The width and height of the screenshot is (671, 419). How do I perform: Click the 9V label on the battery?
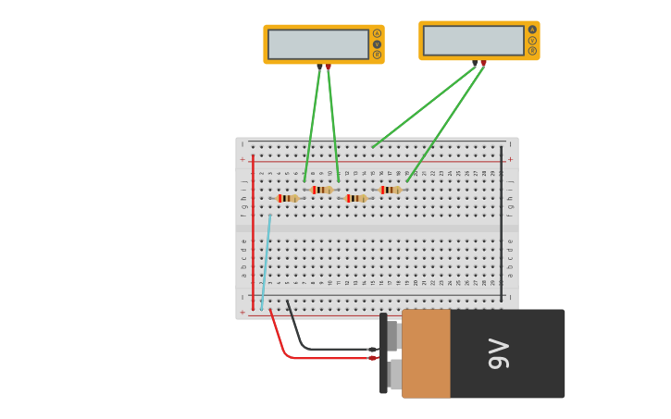[x=499, y=353]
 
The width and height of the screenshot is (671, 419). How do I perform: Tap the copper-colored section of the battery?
[x=426, y=353]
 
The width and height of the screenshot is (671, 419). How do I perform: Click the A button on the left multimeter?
[x=377, y=33]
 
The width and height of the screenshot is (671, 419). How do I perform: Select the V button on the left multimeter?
[x=377, y=44]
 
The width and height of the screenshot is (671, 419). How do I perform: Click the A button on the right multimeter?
[x=532, y=30]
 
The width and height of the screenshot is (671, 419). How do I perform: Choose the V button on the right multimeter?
[x=532, y=41]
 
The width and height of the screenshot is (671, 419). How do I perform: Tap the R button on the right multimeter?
[x=532, y=51]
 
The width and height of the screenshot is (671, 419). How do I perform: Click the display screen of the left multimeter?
[x=318, y=43]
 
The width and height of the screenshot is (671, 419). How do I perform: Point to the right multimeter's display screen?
[x=473, y=40]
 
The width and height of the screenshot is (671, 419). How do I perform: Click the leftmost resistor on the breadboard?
[x=287, y=198]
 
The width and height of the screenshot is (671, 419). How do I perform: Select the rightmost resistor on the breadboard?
[x=391, y=190]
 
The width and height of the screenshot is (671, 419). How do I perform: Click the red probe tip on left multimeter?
[x=328, y=67]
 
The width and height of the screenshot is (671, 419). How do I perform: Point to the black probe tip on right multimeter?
[x=475, y=63]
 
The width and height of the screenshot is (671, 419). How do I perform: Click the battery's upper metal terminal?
[x=393, y=336]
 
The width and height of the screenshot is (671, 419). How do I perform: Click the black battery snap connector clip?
[x=383, y=353]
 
